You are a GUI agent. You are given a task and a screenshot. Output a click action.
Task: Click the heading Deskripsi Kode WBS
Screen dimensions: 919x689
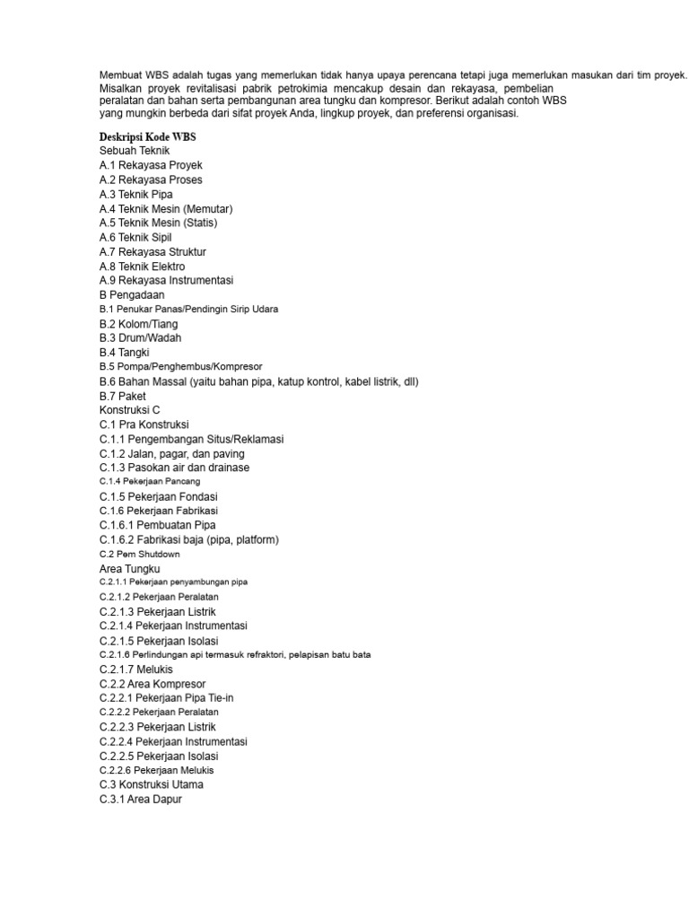tap(147, 136)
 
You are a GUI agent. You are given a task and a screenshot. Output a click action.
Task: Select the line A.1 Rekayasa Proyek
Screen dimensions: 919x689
tap(151, 165)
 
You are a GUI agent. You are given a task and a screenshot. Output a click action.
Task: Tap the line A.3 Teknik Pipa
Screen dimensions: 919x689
tap(136, 194)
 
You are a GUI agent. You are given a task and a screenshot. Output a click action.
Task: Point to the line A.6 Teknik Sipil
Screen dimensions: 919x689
tap(135, 237)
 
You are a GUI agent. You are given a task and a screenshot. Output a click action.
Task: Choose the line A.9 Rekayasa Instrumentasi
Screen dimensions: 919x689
tap(166, 280)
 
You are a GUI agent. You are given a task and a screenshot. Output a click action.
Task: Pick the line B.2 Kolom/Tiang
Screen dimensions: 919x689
tap(139, 323)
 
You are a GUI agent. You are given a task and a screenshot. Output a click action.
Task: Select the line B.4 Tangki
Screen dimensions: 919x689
tap(124, 353)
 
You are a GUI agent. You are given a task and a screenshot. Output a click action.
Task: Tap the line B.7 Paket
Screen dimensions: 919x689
tap(122, 396)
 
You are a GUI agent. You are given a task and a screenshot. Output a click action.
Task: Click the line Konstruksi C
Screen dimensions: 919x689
tap(129, 410)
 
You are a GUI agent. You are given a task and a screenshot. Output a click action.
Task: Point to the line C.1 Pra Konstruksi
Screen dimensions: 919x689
tap(144, 424)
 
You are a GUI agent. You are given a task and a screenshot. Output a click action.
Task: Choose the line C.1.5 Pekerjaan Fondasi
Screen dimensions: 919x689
tap(159, 496)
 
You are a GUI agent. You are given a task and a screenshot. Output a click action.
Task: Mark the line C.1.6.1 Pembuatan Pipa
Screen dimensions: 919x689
tap(158, 525)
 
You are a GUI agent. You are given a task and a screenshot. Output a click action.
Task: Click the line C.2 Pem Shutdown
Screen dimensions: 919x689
tap(133, 554)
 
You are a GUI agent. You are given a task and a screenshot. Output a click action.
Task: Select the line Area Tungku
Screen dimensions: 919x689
tap(129, 569)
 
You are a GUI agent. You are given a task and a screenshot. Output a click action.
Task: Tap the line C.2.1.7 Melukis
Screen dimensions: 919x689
tap(136, 670)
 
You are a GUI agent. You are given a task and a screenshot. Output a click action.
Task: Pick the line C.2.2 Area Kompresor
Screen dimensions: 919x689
tap(153, 684)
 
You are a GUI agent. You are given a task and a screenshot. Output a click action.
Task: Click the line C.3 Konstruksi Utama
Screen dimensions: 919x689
tap(152, 784)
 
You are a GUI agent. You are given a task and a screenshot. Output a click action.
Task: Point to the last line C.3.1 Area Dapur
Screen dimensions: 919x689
tap(141, 799)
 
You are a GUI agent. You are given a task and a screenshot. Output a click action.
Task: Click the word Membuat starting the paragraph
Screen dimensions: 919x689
tap(121, 74)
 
